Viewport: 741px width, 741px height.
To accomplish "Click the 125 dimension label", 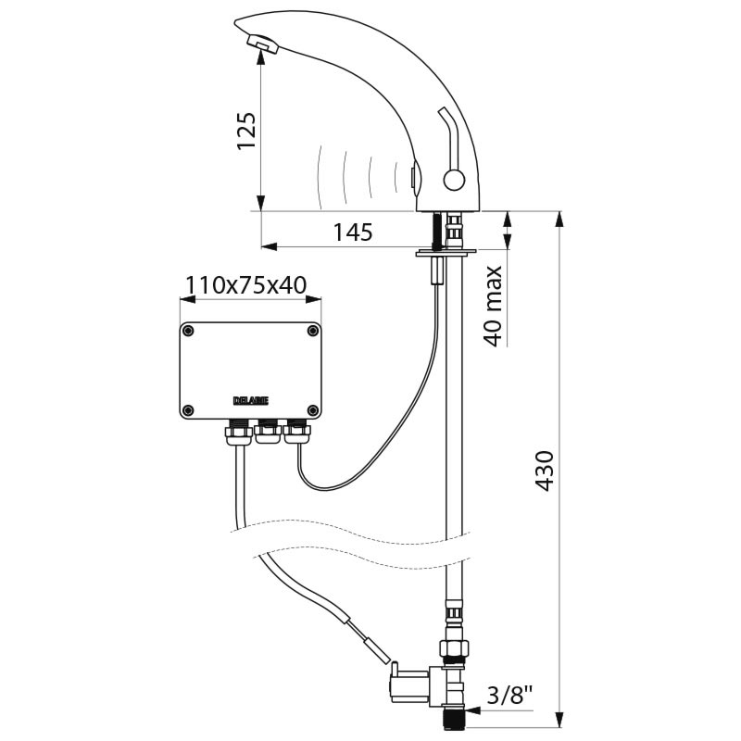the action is click(246, 132).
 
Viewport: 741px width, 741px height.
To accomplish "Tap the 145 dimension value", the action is click(353, 232).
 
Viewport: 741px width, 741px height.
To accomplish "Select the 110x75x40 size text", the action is click(245, 285).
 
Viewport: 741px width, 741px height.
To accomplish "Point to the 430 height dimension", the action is click(545, 471).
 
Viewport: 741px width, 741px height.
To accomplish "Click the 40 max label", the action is click(493, 307).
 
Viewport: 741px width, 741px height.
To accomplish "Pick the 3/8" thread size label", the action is click(509, 696).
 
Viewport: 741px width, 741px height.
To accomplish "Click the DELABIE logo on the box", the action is click(251, 401).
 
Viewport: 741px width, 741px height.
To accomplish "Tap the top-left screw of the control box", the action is click(188, 331).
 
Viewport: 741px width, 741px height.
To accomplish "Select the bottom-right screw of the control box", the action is click(313, 409).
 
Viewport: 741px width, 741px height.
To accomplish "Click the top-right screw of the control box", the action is click(313, 331).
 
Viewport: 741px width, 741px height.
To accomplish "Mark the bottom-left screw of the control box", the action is click(188, 409).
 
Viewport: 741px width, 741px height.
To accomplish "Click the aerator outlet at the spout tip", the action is click(262, 43).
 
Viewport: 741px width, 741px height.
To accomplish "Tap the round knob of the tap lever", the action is click(454, 181).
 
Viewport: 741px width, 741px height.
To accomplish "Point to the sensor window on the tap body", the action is click(414, 178).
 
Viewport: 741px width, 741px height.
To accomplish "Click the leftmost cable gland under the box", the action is click(239, 432).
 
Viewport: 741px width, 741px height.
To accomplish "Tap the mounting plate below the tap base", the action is click(446, 254).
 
